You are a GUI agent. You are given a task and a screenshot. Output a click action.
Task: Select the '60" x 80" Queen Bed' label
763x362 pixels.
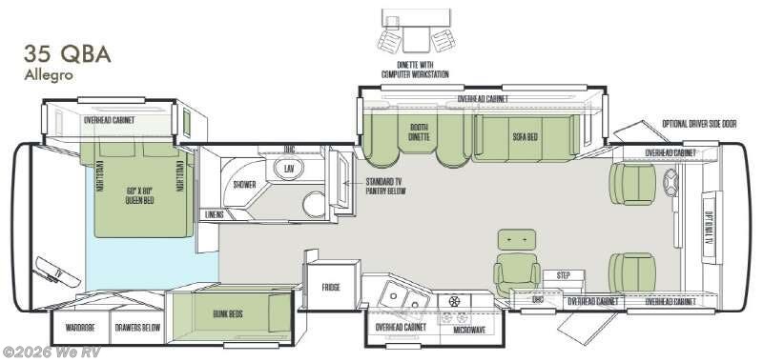click(x=139, y=194)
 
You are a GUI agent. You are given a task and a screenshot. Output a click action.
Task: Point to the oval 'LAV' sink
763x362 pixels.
click(x=289, y=169)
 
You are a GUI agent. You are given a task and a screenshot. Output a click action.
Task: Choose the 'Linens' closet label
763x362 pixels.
click(x=215, y=214)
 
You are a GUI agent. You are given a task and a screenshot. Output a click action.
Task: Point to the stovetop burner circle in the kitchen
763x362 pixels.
click(x=454, y=302)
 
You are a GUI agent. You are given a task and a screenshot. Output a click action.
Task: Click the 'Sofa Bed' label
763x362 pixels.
click(x=526, y=137)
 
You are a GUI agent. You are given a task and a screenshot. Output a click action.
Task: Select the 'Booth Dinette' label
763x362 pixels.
click(x=419, y=132)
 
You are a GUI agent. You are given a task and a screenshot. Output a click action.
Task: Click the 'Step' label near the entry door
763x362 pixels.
click(x=563, y=275)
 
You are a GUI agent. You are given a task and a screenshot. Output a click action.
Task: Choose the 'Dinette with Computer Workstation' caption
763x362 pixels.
click(x=418, y=70)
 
